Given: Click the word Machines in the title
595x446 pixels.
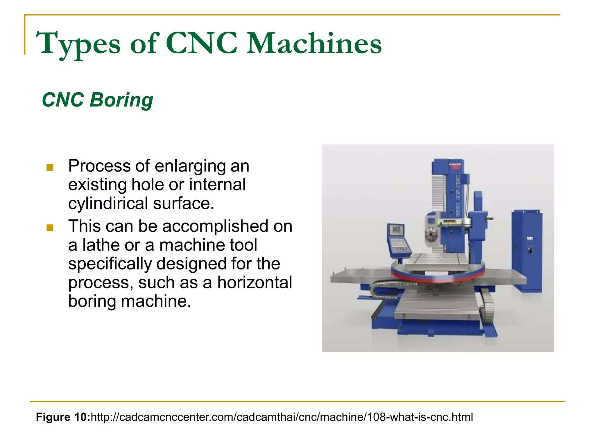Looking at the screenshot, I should (314, 44).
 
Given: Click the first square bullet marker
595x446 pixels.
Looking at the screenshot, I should (50, 168).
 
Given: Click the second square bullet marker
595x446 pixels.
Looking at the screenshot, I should (50, 228).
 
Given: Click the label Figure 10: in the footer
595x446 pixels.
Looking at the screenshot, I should (63, 417).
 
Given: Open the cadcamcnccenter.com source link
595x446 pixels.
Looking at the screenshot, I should (282, 417).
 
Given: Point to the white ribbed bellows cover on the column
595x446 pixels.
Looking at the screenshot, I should (438, 193).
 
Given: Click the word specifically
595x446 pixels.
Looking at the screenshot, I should (110, 264).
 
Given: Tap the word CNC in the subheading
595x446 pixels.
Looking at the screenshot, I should (63, 100).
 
